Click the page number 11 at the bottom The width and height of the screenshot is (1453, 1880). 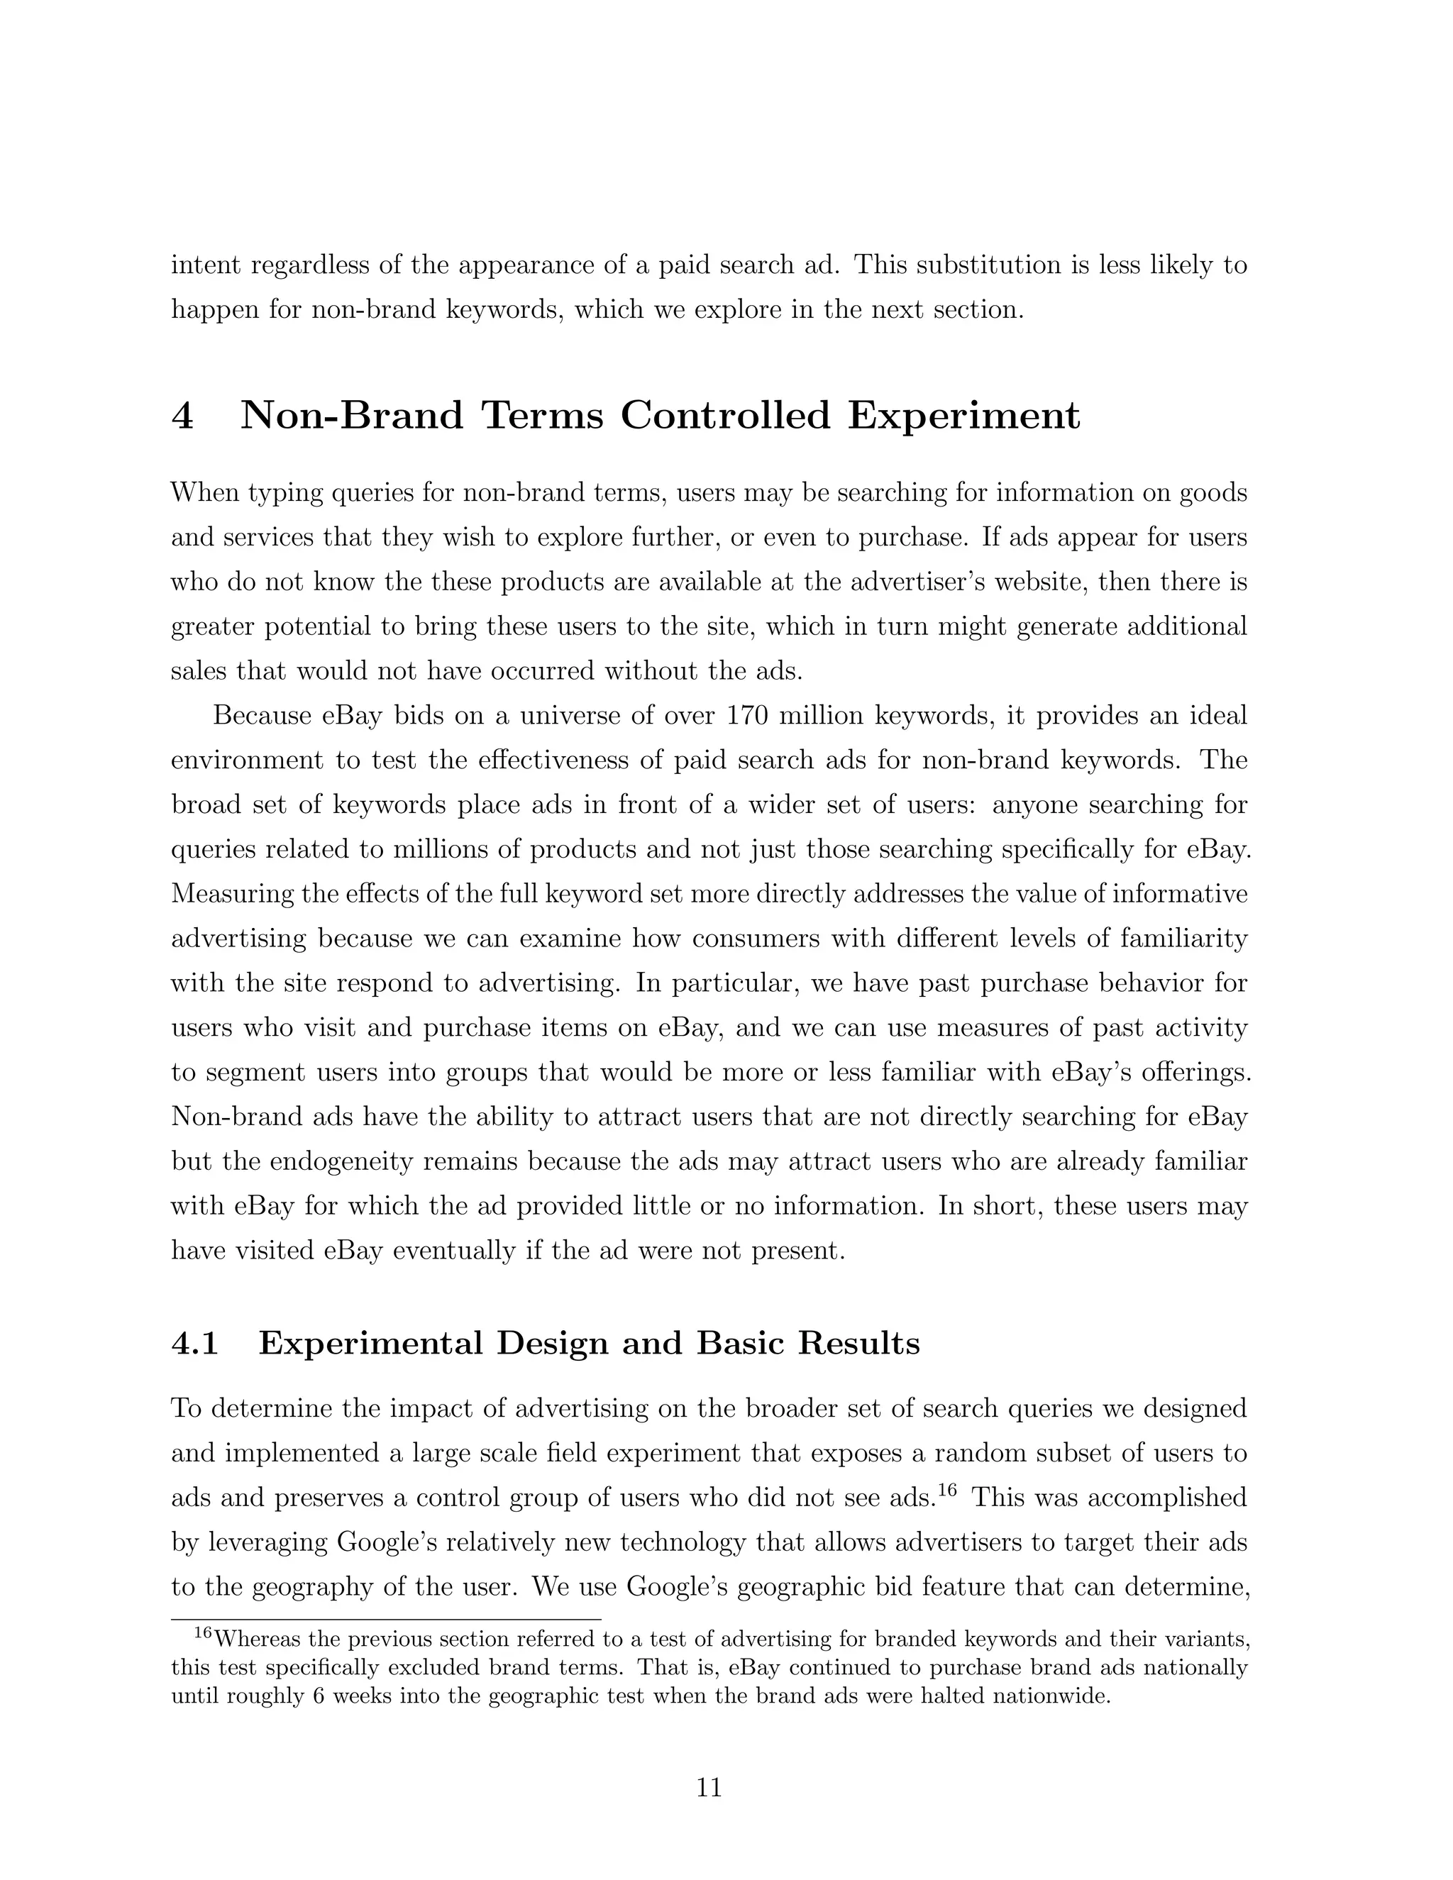[709, 1787]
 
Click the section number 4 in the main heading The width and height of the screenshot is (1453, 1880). [182, 416]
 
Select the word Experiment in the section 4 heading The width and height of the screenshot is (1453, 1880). [963, 416]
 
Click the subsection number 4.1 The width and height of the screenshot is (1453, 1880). [195, 1343]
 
